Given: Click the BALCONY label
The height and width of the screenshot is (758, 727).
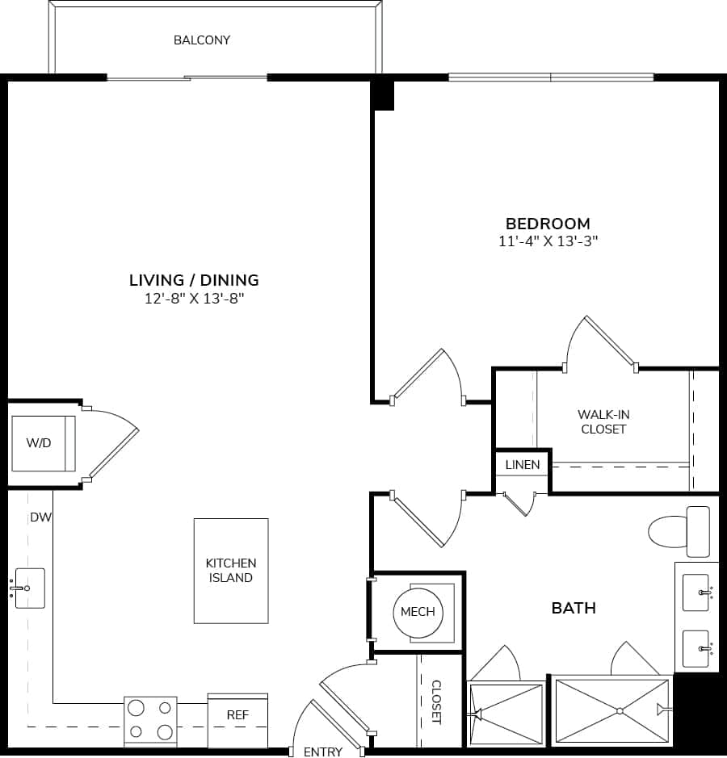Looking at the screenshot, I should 202,40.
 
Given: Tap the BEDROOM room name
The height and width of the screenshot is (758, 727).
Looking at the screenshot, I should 548,224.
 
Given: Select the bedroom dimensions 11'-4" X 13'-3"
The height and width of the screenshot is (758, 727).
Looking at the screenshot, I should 548,241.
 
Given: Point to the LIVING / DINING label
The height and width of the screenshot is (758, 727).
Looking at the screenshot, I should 194,280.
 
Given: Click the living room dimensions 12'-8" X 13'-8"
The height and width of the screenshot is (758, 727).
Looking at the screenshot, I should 194,299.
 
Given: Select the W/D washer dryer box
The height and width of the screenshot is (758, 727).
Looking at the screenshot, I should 43,443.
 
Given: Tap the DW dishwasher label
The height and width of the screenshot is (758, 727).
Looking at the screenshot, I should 40,517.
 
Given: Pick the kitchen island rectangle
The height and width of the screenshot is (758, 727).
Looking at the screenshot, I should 231,571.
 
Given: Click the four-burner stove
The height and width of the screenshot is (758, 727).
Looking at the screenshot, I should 150,720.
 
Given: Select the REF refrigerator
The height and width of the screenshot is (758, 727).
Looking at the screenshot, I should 237,715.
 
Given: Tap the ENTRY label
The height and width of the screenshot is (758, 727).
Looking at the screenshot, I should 322,752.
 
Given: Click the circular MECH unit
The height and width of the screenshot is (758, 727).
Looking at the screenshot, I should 418,612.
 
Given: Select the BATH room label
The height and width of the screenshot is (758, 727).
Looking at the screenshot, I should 574,608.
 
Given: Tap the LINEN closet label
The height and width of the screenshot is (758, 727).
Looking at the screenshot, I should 523,465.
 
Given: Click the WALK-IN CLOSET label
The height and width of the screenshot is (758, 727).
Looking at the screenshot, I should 603,421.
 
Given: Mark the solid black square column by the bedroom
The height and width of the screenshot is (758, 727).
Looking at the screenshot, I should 383,96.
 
